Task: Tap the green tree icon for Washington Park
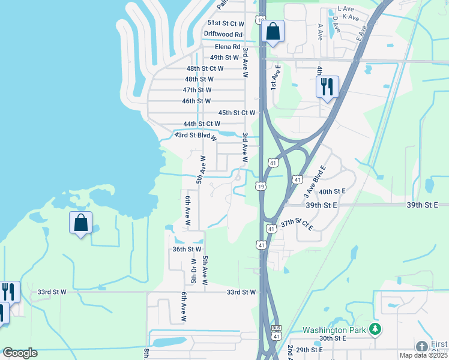point(375,329)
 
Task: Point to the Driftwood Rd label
point(223,35)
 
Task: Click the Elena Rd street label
point(228,47)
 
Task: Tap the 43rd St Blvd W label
point(195,136)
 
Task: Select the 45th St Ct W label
point(237,113)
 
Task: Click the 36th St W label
point(187,248)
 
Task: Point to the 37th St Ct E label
point(297,223)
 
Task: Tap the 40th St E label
point(333,191)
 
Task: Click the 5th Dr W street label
point(193,271)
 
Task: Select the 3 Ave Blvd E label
point(314,181)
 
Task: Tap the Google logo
point(20,353)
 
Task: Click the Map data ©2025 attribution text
point(423,355)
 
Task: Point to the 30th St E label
point(334,338)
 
